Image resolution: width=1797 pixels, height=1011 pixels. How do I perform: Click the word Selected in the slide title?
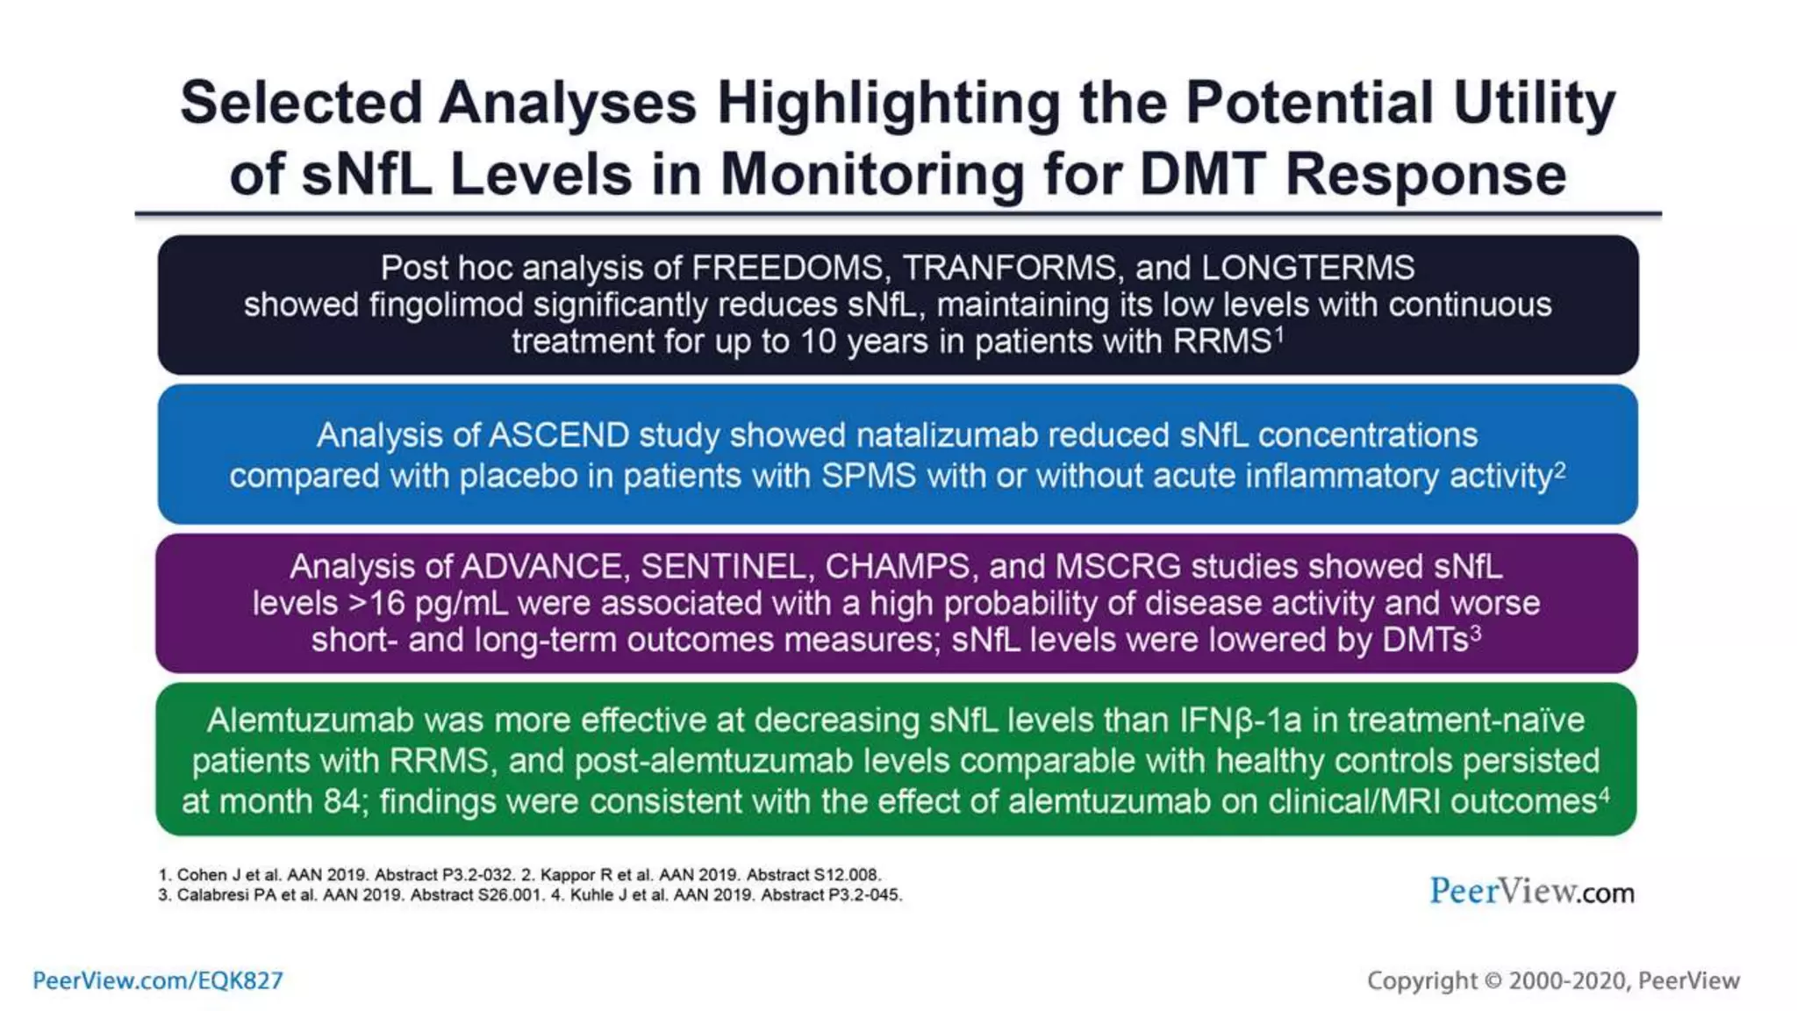301,104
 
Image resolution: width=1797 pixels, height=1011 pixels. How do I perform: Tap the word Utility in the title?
1533,104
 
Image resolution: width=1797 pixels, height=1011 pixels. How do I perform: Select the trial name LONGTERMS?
1307,268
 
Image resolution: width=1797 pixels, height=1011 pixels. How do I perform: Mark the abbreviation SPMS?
869,476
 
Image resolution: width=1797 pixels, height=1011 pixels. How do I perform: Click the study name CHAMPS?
897,567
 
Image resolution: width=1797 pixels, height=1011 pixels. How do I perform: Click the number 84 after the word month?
342,801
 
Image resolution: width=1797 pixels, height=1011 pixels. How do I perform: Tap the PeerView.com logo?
1531,892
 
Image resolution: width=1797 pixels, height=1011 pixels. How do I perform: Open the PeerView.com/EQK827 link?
158,980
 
